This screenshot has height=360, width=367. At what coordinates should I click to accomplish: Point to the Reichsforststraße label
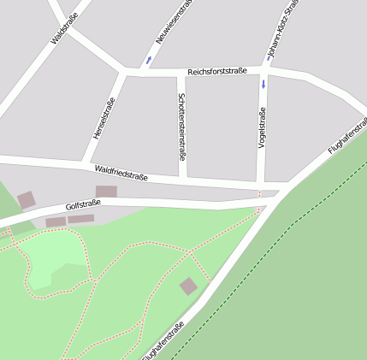pos(217,72)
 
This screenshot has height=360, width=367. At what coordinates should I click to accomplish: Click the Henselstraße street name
pos(104,119)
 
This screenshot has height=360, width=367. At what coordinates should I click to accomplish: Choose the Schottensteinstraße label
pos(181,127)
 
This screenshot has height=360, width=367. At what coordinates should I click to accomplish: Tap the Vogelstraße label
pos(262,127)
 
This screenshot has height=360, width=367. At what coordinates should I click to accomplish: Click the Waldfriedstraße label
pos(121,173)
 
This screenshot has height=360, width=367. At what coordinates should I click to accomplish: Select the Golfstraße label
pos(83,205)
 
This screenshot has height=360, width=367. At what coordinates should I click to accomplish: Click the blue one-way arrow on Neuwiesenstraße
pos(150,60)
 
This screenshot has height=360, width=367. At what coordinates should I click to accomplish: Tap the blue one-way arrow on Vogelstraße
pos(263,85)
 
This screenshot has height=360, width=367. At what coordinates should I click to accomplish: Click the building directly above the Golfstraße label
pos(106,192)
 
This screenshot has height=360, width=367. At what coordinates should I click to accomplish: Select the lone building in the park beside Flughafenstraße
pos(188,286)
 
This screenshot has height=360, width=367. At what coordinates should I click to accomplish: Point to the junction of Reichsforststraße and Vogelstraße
pos(263,72)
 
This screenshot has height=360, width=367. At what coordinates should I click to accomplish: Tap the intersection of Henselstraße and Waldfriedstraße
pos(86,162)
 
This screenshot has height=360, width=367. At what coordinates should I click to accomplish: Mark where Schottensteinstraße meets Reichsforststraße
pos(178,71)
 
